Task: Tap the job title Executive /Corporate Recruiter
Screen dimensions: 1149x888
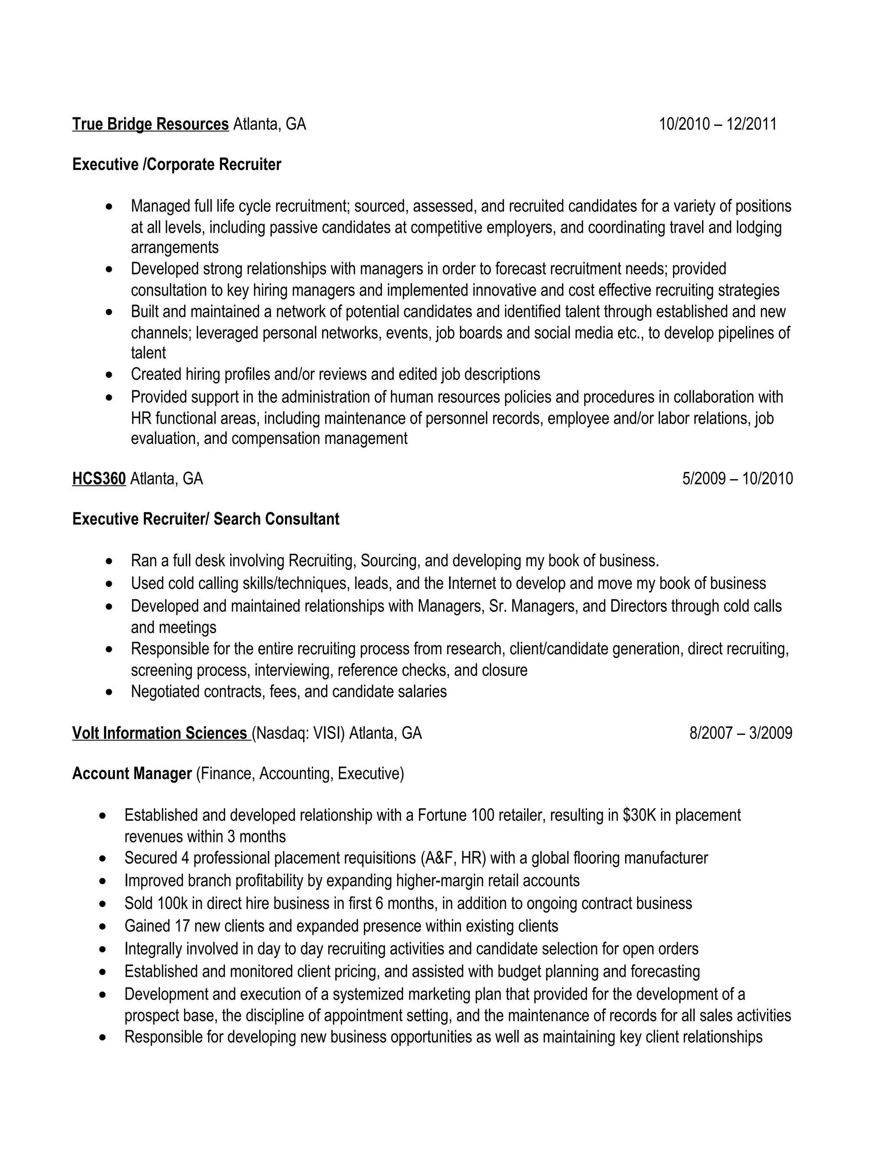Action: click(177, 165)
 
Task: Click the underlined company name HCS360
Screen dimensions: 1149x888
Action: click(99, 479)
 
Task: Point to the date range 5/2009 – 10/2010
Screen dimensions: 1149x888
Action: click(737, 479)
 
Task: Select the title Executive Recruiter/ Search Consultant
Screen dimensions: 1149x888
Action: click(206, 519)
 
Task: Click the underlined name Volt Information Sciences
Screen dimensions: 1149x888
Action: click(160, 733)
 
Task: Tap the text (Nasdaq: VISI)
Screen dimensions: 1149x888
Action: click(298, 733)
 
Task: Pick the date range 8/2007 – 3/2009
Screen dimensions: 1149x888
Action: click(741, 733)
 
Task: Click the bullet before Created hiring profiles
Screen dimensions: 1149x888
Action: click(109, 375)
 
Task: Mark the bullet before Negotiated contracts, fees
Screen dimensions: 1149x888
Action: click(109, 692)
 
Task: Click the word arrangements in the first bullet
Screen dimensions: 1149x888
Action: click(175, 247)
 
